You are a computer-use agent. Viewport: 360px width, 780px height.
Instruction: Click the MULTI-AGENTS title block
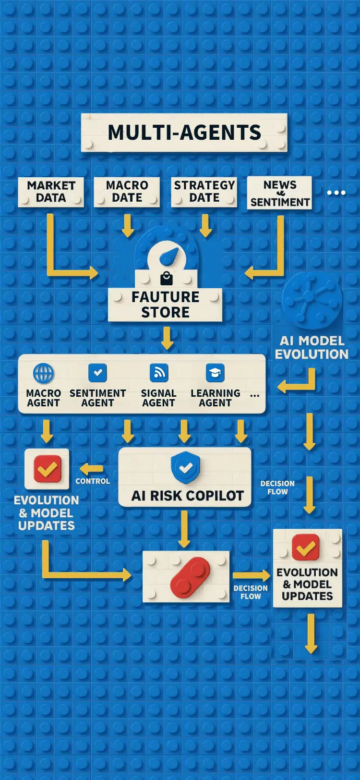[184, 133]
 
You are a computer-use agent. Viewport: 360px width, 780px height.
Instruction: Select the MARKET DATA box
[51, 192]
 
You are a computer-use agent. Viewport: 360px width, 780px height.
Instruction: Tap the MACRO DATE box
[127, 192]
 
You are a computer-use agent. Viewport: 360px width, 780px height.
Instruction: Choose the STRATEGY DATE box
[204, 192]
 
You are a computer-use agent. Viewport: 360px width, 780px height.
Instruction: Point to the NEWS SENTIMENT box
[279, 193]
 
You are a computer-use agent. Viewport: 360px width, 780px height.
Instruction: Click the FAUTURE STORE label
[165, 305]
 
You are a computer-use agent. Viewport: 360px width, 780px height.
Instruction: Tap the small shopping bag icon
[166, 279]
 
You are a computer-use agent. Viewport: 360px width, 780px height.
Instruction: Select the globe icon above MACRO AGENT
[43, 373]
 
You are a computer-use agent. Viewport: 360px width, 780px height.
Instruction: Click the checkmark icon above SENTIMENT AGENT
[97, 373]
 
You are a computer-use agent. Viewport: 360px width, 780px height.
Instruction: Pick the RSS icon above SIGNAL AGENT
[159, 373]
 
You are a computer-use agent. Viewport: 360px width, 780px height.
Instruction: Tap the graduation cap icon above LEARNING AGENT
[215, 373]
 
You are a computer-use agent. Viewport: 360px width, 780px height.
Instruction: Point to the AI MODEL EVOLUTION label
[312, 348]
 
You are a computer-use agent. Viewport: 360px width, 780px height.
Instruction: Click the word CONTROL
[93, 481]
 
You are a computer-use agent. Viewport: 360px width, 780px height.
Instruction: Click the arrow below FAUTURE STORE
[167, 338]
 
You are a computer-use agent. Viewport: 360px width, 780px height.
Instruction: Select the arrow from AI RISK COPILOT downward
[185, 528]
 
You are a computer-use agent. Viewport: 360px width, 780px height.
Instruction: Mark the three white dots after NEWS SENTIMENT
[336, 193]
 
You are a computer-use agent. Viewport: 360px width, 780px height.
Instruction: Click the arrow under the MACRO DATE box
[128, 225]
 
